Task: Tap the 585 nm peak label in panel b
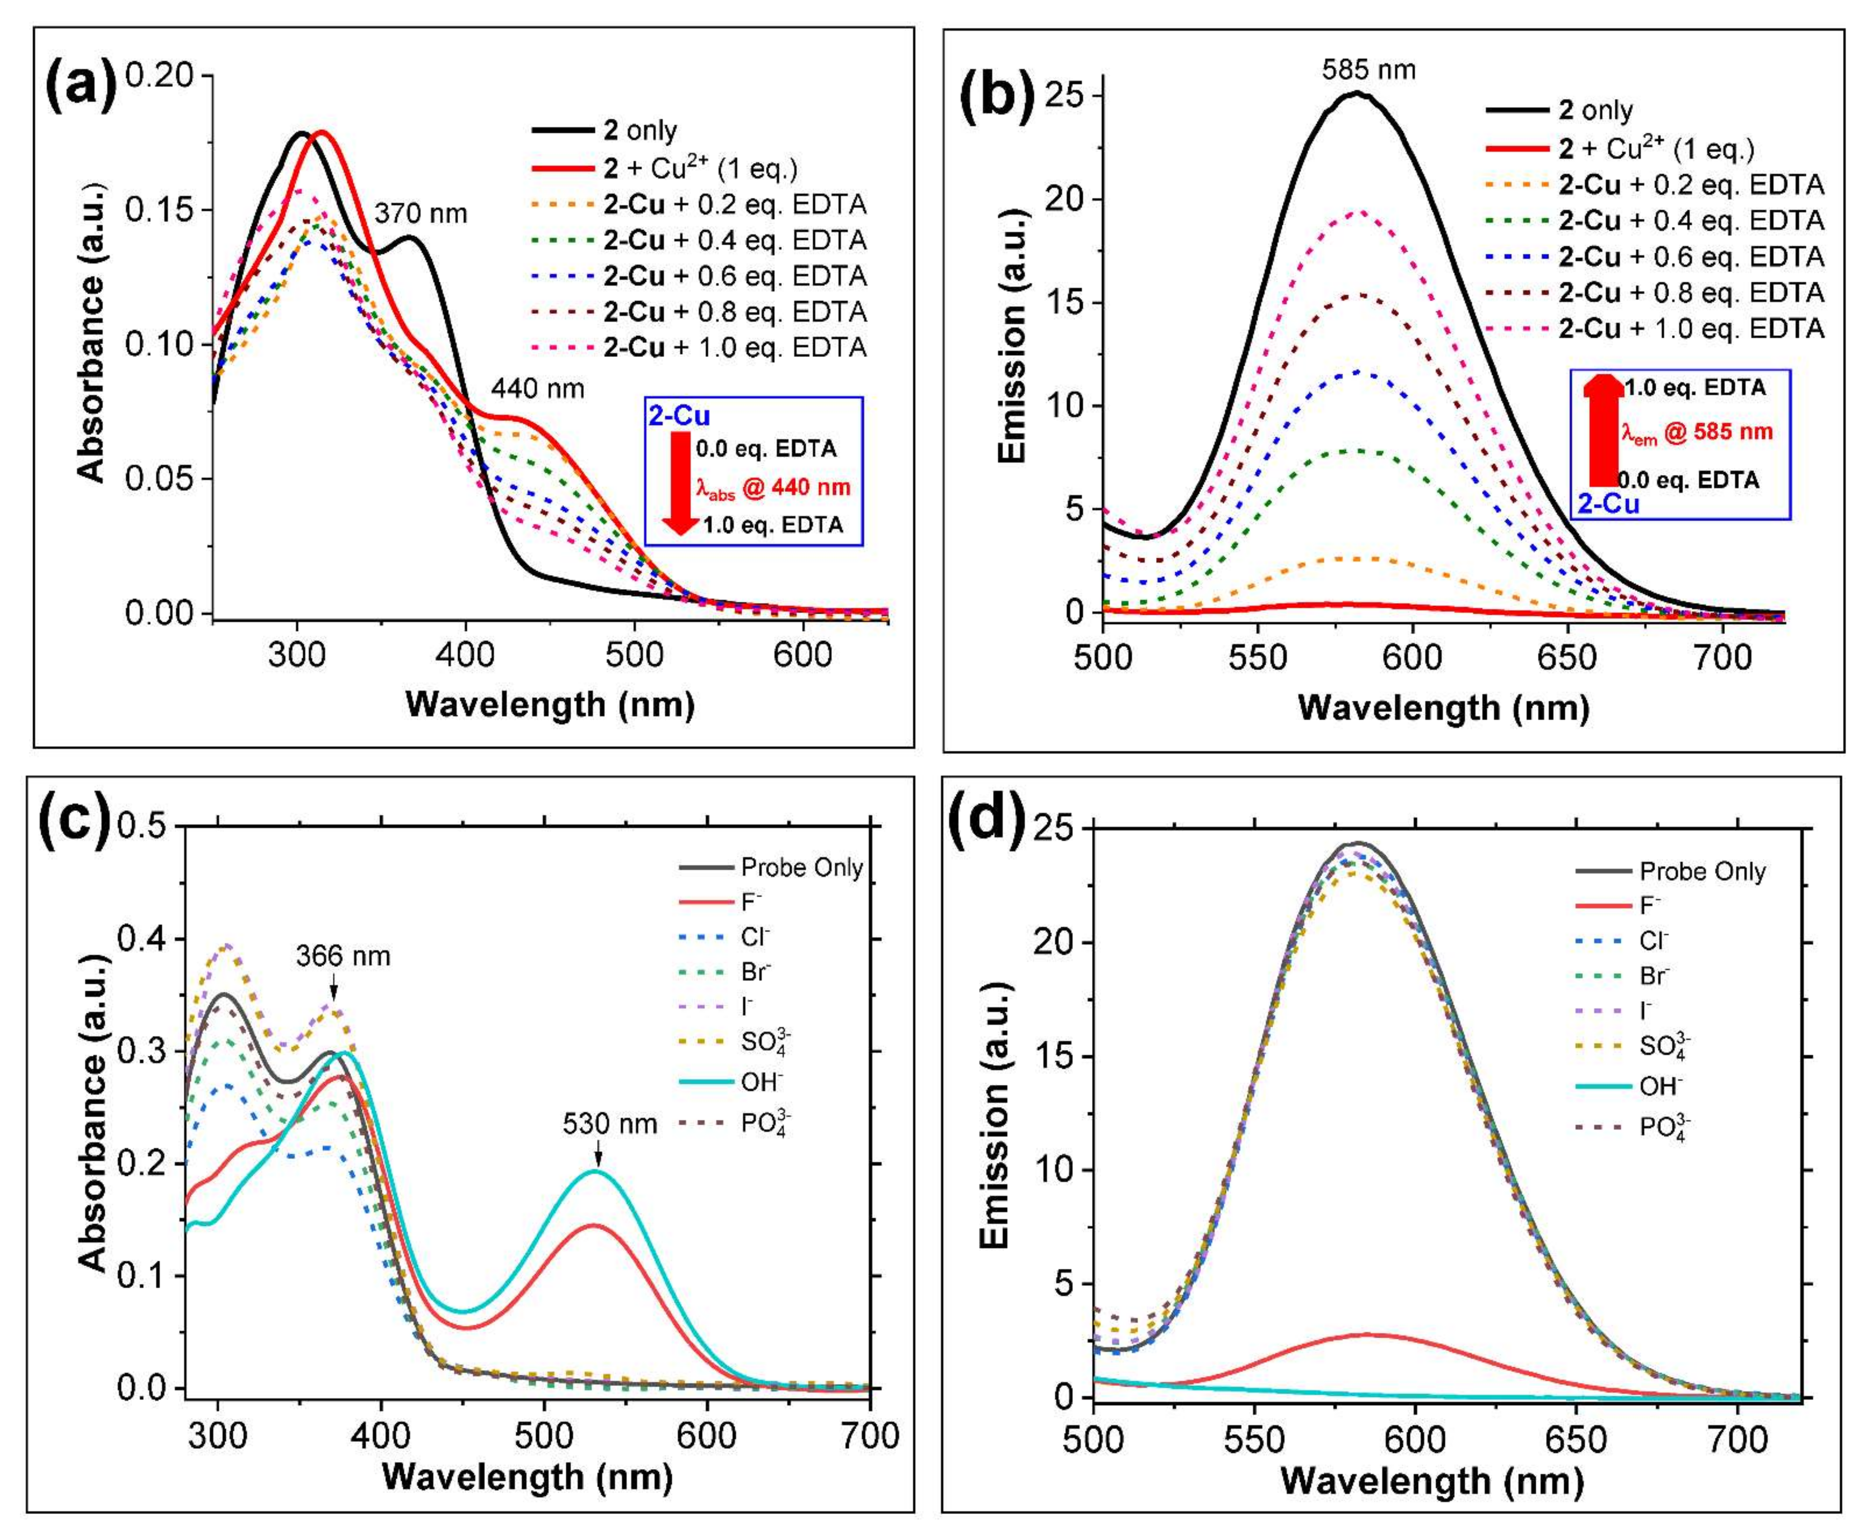pos(1368,70)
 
